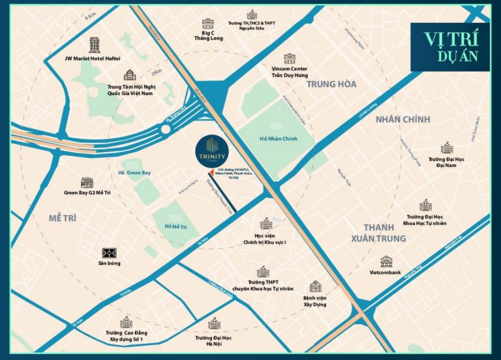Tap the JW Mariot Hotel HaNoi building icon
95,44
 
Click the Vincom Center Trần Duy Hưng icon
289,59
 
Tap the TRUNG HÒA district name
331,84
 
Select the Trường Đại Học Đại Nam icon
446,148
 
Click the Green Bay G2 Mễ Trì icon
87,183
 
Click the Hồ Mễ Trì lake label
175,226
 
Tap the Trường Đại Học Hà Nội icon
214,323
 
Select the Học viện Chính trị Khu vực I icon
266,224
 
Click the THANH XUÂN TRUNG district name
386,233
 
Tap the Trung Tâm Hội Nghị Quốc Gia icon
129,75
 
